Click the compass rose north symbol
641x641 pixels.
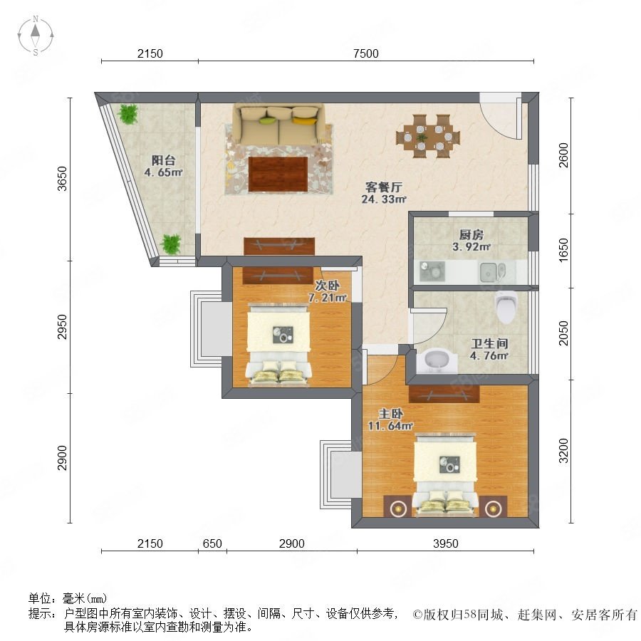pyautogui.click(x=36, y=36)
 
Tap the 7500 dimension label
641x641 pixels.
pyautogui.click(x=366, y=53)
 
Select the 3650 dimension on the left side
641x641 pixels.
pyautogui.click(x=62, y=179)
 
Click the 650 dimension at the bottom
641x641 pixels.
pyautogui.click(x=212, y=543)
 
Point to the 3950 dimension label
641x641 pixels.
pyautogui.click(x=446, y=543)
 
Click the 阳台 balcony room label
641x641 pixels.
pyautogui.click(x=164, y=160)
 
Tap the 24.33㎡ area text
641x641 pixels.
pyautogui.click(x=384, y=199)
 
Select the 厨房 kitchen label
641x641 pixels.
pyautogui.click(x=471, y=234)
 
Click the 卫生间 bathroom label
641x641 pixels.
pyautogui.click(x=489, y=343)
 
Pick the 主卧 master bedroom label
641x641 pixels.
pyautogui.click(x=390, y=414)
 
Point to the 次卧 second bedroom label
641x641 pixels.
pyautogui.click(x=327, y=285)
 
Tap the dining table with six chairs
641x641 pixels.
pyautogui.click(x=428, y=136)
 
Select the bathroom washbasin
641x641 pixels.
pyautogui.click(x=437, y=360)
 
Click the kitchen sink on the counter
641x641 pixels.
pyautogui.click(x=492, y=272)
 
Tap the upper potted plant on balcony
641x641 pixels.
pyautogui.click(x=128, y=114)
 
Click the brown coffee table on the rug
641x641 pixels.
pyautogui.click(x=278, y=174)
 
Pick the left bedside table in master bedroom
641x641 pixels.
pyautogui.click(x=397, y=507)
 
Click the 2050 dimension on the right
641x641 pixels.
pyautogui.click(x=564, y=333)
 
